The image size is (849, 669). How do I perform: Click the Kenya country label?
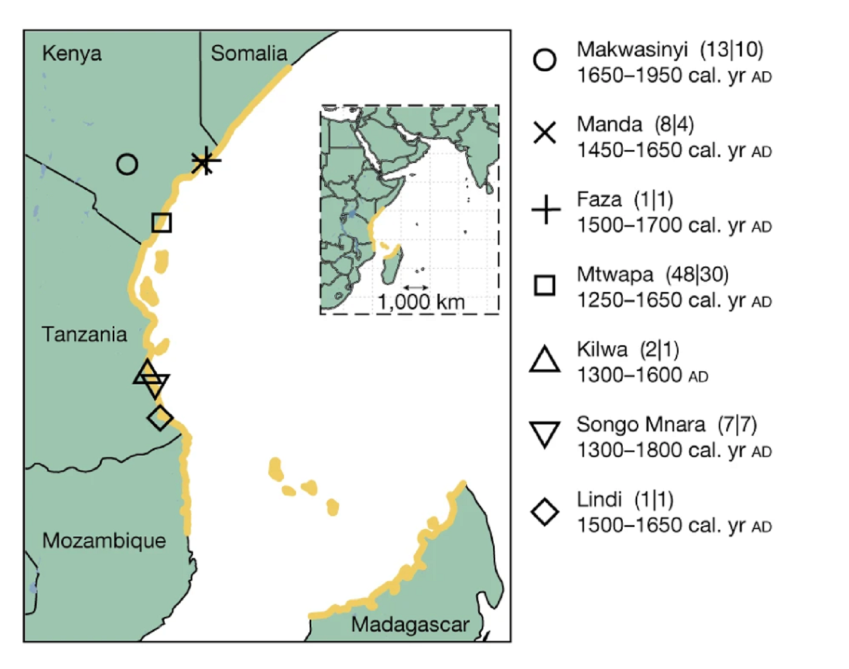coord(71,54)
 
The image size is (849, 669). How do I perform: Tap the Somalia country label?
coord(249,54)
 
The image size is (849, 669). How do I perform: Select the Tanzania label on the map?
coord(84,335)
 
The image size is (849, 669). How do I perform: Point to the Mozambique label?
coord(104,541)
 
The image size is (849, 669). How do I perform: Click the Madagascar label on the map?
coord(410,625)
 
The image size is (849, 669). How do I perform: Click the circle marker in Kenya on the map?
coord(127,164)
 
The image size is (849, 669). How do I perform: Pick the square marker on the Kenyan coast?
coord(162,223)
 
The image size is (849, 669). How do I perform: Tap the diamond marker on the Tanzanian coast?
coord(160,418)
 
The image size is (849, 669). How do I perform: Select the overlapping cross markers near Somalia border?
coord(204,161)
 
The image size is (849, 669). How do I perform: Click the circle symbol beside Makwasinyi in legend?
coord(544,60)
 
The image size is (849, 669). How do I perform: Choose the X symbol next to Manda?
coord(544,133)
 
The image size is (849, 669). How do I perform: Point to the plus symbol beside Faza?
coord(545,210)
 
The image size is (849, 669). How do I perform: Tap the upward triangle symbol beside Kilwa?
coord(544,360)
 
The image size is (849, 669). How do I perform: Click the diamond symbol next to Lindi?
coord(544,512)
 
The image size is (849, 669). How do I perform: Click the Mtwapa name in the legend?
coord(615,275)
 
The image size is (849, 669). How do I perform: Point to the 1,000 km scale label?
coord(421,302)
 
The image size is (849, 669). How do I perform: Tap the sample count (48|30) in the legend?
coord(697,275)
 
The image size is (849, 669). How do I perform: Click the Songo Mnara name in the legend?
coord(640,424)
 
